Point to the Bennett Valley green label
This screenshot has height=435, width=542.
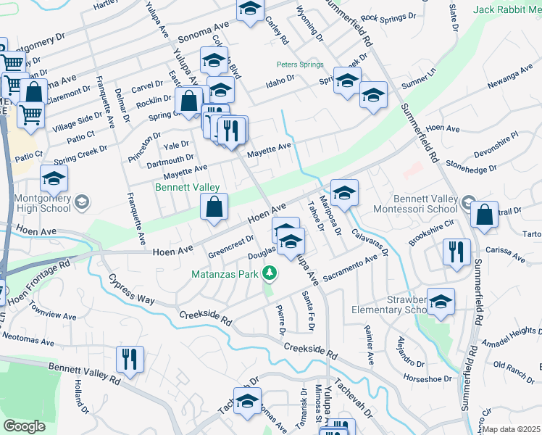pyautogui.click(x=187, y=186)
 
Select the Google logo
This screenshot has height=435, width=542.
pyautogui.click(x=24, y=426)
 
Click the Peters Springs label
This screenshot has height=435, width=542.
pyautogui.click(x=300, y=65)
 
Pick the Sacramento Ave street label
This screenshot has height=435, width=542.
pyautogui.click(x=352, y=268)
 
